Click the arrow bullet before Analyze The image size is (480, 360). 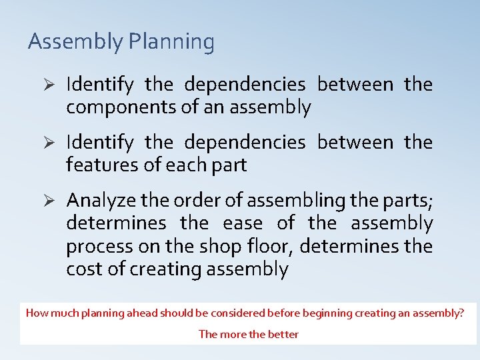[47, 200]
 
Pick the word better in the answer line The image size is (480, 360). [283, 334]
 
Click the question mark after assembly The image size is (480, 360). [462, 313]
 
